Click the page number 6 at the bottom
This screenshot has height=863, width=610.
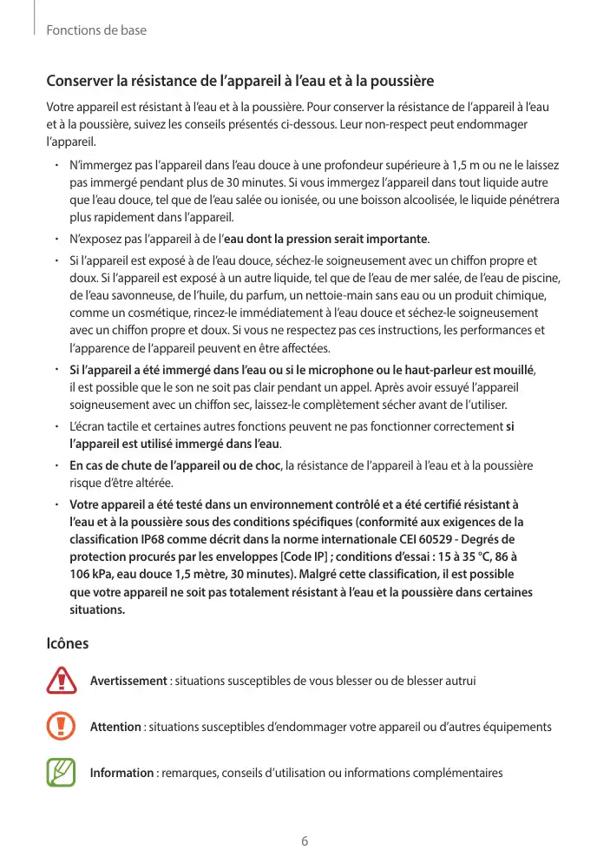point(305,841)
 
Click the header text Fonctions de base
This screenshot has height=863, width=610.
point(95,30)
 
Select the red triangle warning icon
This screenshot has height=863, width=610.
point(62,680)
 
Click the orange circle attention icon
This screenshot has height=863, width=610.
point(62,727)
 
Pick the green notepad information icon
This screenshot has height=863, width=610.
point(62,773)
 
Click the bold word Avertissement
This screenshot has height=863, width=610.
point(128,680)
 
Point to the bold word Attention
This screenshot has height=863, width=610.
point(115,727)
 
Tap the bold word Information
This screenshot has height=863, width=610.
point(122,773)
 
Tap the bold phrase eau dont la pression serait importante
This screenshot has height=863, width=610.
point(325,239)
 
